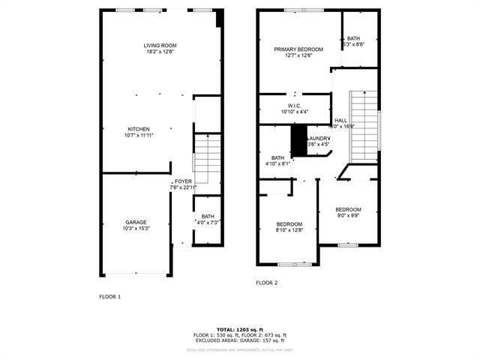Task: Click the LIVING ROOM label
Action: [159, 46]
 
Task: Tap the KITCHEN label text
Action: [139, 129]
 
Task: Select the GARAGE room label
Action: [136, 222]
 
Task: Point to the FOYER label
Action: [183, 181]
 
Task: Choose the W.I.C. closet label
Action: [294, 106]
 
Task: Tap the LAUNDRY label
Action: [319, 139]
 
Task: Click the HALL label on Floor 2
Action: [340, 120]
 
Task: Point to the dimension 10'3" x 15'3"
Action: [136, 229]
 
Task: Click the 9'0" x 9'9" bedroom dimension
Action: [348, 216]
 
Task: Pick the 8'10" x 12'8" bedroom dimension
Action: [289, 230]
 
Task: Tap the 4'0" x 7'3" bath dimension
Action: [207, 223]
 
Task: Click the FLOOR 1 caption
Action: [110, 297]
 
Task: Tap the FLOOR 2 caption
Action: [266, 283]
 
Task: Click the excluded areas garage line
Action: [240, 340]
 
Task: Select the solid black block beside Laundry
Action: [298, 140]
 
